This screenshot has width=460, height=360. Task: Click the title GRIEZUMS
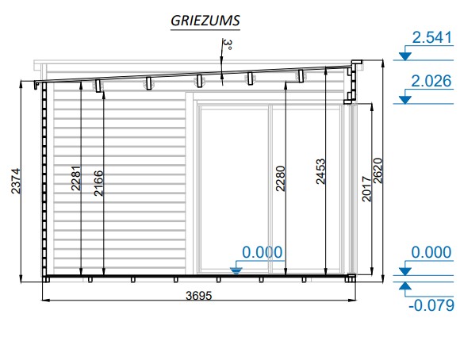click(205, 21)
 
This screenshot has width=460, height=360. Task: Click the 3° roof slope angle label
click(228, 44)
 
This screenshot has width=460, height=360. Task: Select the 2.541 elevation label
click(431, 37)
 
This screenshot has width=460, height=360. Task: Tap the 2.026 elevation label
click(431, 81)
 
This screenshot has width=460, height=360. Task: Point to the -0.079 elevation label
click(431, 305)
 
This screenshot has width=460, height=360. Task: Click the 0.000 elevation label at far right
click(431, 252)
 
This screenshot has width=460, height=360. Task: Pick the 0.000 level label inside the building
click(263, 252)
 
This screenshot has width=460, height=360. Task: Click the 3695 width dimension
click(198, 296)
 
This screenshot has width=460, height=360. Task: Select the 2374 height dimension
click(16, 181)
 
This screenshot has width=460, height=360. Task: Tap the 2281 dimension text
click(75, 178)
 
